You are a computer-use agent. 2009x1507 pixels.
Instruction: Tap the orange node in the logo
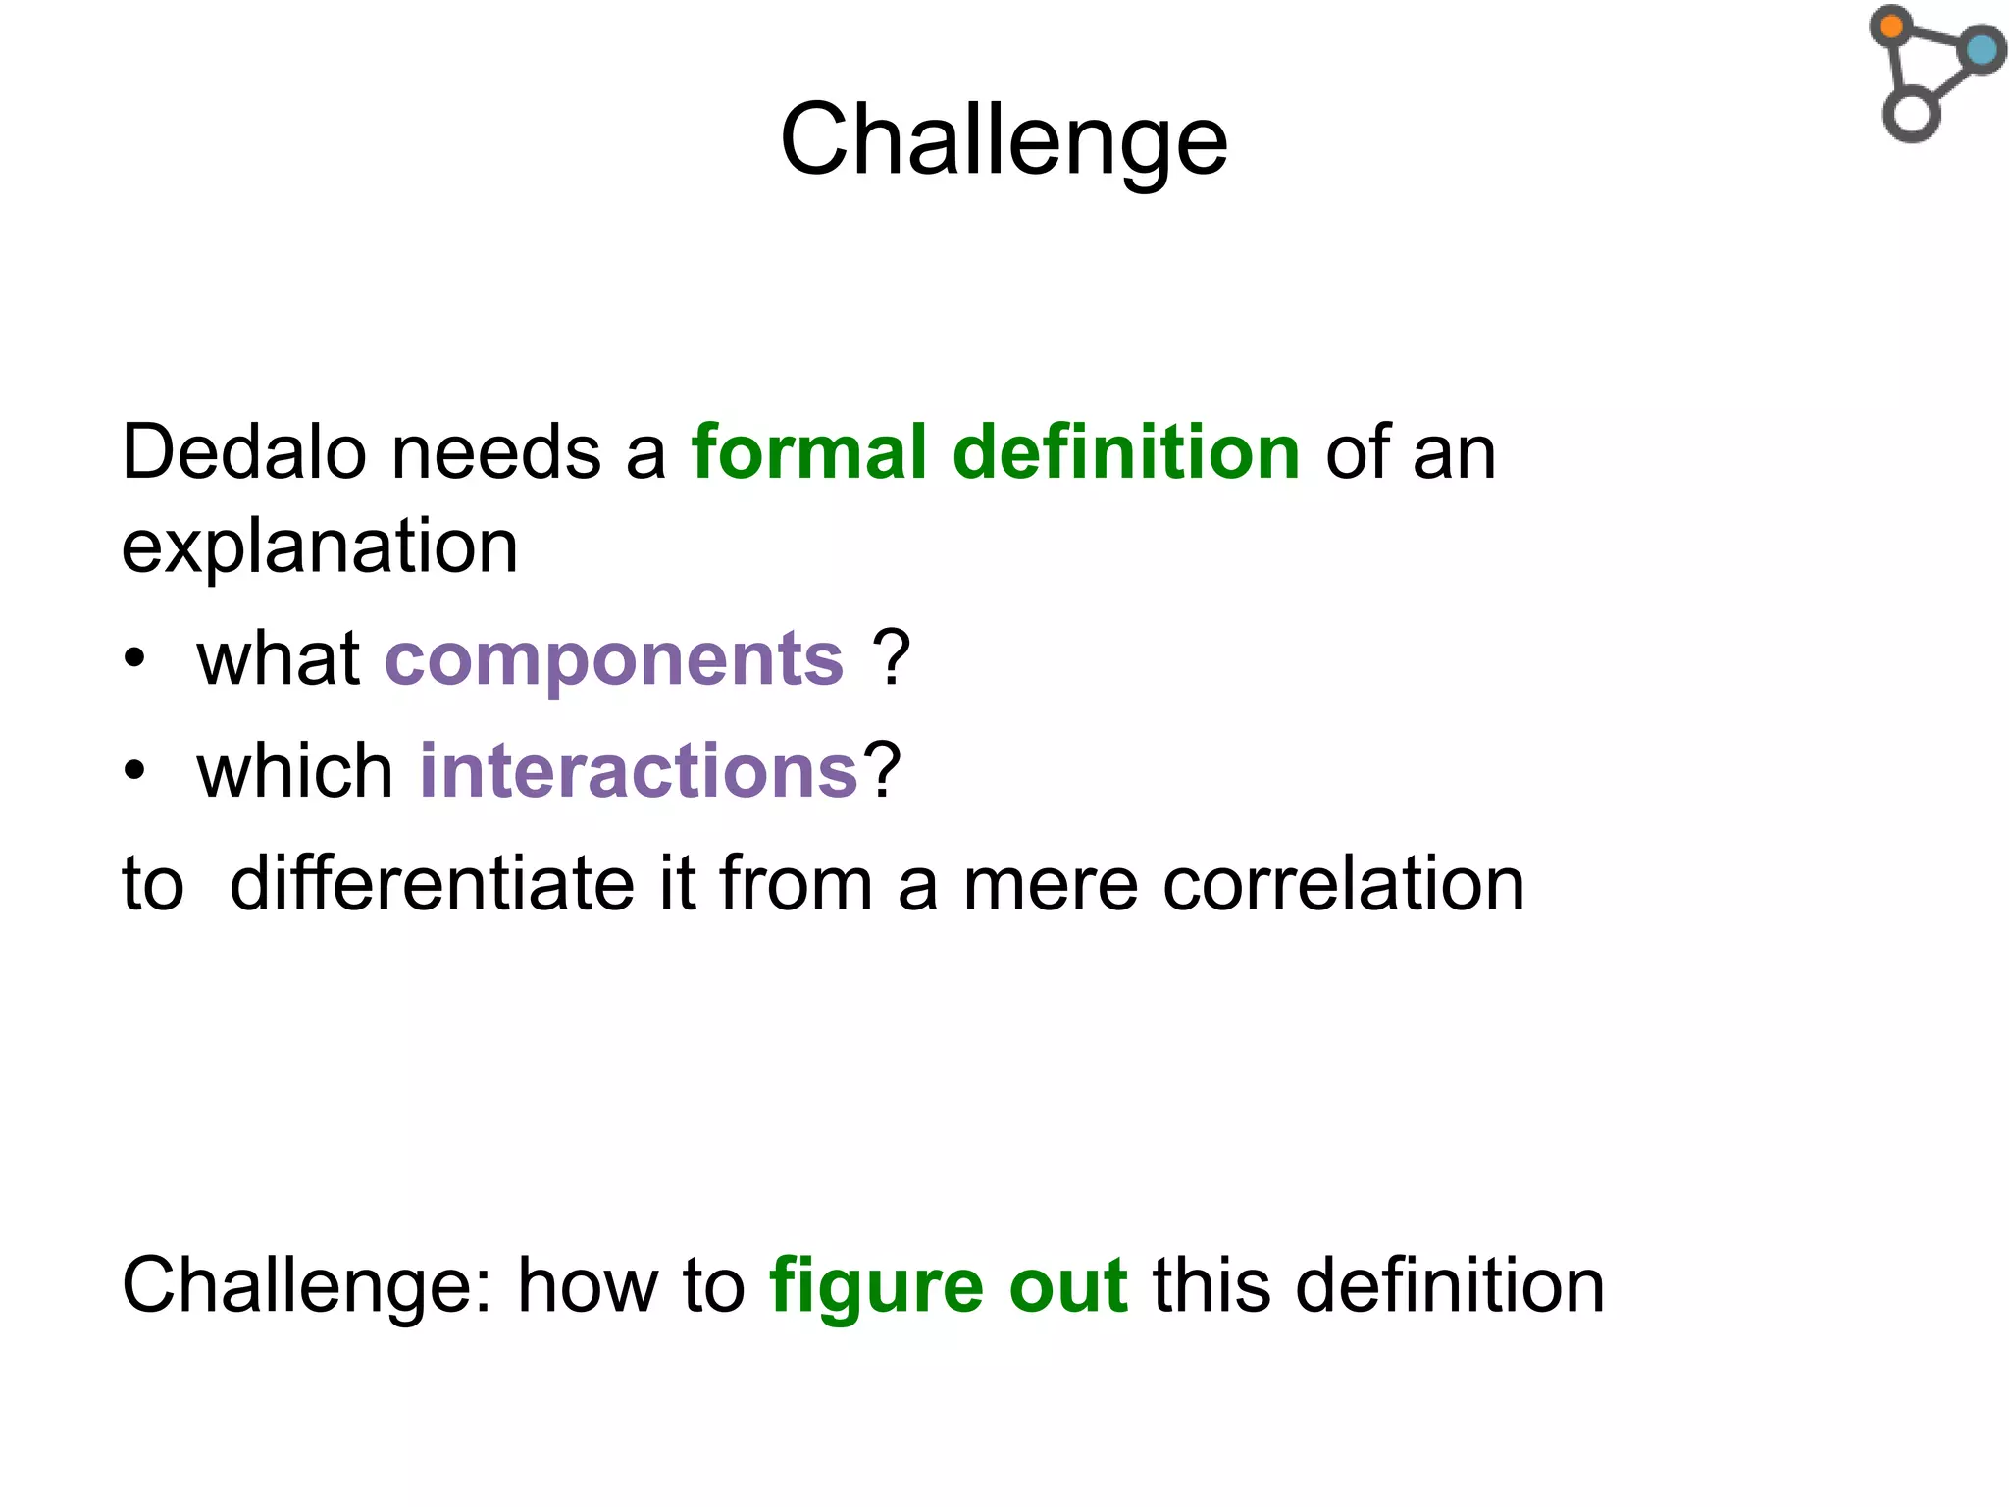(x=1891, y=26)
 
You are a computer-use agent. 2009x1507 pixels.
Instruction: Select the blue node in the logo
(x=1982, y=50)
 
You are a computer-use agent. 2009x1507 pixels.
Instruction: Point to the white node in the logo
(x=1911, y=114)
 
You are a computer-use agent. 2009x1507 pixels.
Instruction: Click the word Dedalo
(x=243, y=452)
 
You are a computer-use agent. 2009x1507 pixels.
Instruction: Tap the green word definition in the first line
(x=1126, y=452)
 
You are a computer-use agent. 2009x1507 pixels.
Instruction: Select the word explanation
(x=320, y=546)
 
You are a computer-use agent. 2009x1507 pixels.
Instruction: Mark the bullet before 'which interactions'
(x=135, y=771)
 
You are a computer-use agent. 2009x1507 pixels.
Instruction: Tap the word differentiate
(x=432, y=883)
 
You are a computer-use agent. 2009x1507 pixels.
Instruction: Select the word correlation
(x=1343, y=883)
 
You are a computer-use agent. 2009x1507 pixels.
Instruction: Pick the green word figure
(x=876, y=1286)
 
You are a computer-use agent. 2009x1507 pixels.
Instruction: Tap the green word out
(x=1068, y=1286)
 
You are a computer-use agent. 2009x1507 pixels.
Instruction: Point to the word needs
(x=496, y=452)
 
